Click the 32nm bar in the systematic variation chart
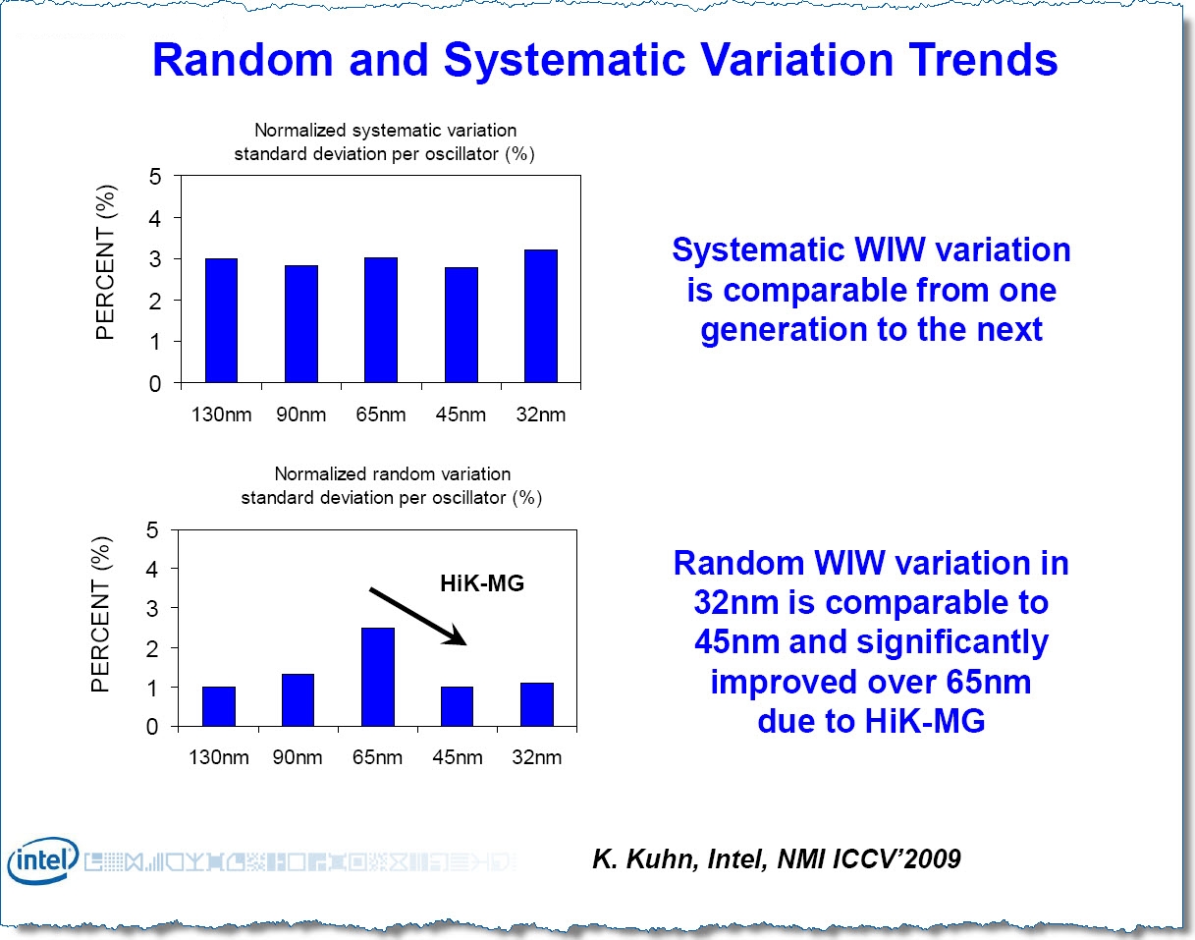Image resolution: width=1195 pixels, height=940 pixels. point(540,316)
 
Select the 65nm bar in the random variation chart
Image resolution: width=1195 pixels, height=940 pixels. point(378,678)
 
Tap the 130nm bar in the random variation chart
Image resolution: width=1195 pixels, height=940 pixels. point(219,707)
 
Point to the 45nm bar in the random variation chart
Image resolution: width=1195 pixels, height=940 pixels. point(457,707)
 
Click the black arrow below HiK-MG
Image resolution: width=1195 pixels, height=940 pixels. point(416,616)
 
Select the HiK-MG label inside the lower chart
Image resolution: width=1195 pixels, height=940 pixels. point(481,583)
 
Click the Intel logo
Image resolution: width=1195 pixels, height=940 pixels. point(42,861)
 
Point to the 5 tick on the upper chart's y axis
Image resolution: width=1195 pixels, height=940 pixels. point(154,177)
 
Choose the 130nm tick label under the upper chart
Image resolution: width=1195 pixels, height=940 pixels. point(220,415)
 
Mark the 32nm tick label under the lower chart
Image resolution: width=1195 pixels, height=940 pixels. point(536,757)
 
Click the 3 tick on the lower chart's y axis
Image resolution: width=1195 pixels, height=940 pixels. point(152,608)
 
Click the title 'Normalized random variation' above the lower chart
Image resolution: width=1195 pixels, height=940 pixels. point(392,474)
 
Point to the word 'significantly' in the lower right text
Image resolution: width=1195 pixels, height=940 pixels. point(951,642)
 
